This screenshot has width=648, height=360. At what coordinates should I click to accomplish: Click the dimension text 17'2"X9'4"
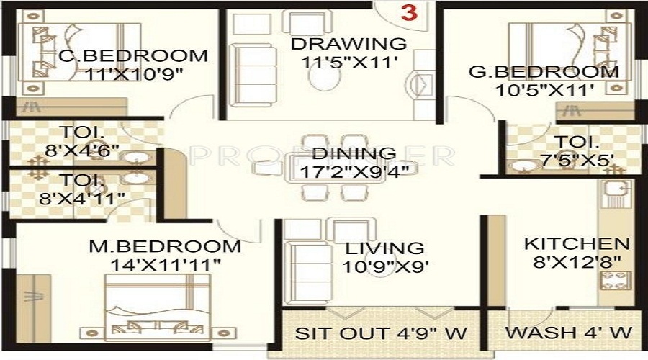click(354, 171)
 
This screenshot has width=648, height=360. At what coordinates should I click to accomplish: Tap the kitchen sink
click(614, 192)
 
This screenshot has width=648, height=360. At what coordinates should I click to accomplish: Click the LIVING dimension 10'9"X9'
click(387, 266)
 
